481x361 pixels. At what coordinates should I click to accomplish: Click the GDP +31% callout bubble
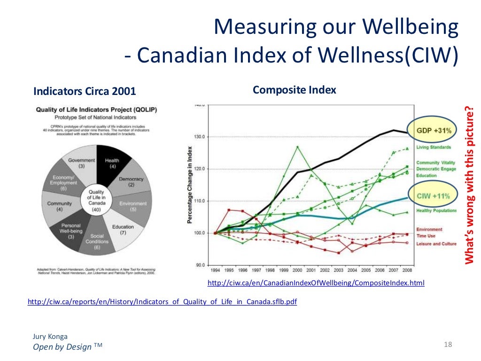pyautogui.click(x=431, y=131)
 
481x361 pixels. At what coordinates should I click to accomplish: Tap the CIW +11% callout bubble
pyautogui.click(x=431, y=196)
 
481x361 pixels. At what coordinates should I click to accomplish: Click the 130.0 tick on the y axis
pyautogui.click(x=199, y=137)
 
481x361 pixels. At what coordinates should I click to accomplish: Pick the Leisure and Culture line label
pyautogui.click(x=436, y=244)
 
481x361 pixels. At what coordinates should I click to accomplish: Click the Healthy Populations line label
pyautogui.click(x=436, y=211)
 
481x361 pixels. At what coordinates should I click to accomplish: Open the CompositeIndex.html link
pyautogui.click(x=316, y=283)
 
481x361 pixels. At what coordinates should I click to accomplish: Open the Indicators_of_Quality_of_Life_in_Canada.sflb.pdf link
pyautogui.click(x=162, y=302)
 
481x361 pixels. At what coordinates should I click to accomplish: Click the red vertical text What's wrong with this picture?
pyautogui.click(x=469, y=186)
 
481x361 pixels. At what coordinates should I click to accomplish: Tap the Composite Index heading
pyautogui.click(x=295, y=90)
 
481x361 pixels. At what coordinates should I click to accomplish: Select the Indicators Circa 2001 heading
pyautogui.click(x=84, y=91)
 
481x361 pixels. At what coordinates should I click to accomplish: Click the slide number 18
pyautogui.click(x=447, y=345)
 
